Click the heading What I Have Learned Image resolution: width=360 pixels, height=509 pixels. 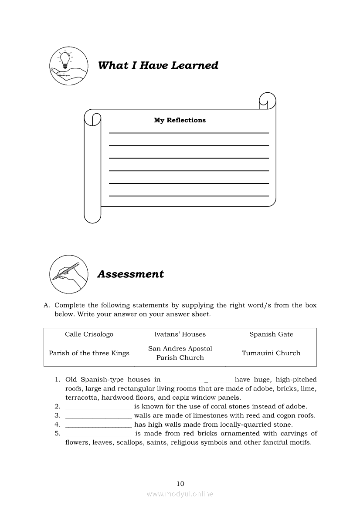[158, 65]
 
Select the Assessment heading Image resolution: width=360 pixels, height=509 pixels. [130, 274]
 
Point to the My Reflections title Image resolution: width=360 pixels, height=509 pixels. [180, 120]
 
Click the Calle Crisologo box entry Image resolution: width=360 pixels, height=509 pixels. [89, 334]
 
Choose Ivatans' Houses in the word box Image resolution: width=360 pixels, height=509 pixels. [180, 334]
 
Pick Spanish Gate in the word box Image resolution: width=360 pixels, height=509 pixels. [271, 334]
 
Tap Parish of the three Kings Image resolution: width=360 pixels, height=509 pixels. [89, 353]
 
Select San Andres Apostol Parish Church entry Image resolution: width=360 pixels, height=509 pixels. [180, 353]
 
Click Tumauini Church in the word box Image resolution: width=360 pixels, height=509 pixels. [271, 353]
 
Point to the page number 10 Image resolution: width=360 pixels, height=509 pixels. [180, 483]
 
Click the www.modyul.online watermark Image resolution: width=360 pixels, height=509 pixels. [180, 494]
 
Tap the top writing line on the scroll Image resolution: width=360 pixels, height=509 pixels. [189, 132]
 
